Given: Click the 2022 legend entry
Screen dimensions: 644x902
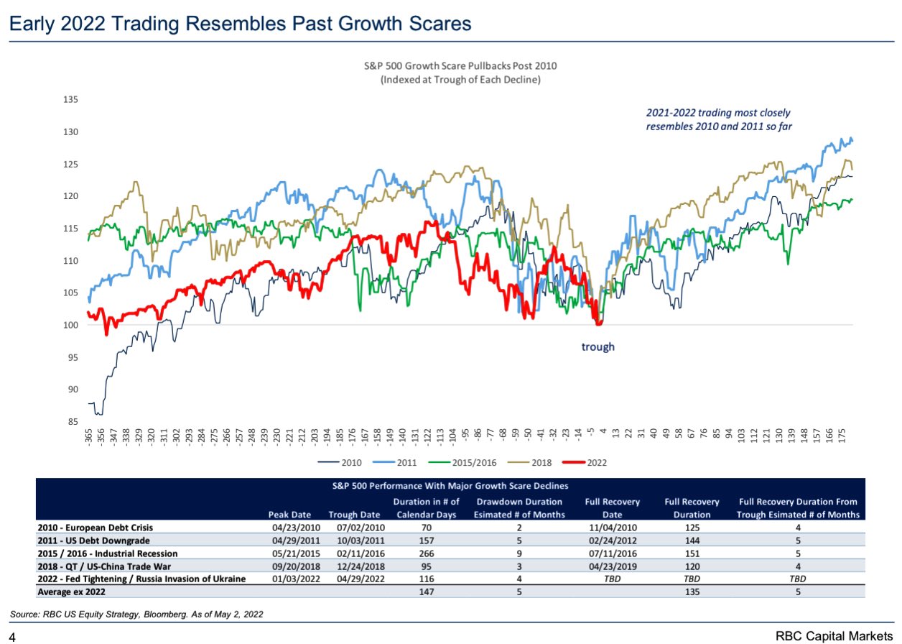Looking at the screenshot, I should [x=590, y=462].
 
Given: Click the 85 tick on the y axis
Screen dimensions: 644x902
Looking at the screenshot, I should [x=73, y=422].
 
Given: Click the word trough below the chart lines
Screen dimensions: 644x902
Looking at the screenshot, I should [x=598, y=347].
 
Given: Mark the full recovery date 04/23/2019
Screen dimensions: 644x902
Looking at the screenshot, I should [x=612, y=566].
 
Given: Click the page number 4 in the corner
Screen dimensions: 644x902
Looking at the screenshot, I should [x=13, y=636].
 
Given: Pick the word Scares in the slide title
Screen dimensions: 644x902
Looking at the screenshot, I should [x=435, y=24].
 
